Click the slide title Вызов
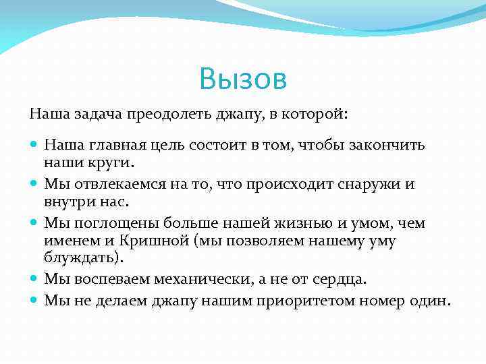click(243, 80)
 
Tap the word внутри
click(67, 201)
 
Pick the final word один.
click(429, 301)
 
